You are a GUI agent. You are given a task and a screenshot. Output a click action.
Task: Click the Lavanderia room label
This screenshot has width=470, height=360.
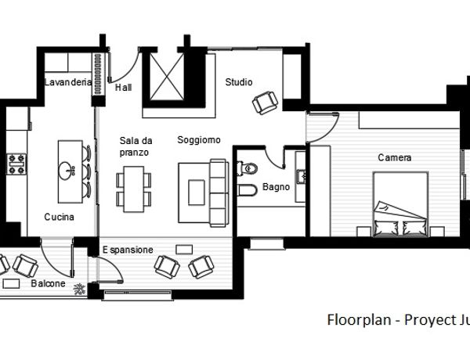point(68,82)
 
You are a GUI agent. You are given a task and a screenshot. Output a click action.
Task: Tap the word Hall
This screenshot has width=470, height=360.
point(124,88)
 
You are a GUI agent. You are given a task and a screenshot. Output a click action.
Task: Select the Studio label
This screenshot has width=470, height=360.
point(239,82)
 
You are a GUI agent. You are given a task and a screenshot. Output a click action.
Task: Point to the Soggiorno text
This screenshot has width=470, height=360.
point(199,140)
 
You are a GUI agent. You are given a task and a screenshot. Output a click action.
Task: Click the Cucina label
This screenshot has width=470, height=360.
point(59,217)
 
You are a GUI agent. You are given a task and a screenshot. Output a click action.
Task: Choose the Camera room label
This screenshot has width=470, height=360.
point(395,157)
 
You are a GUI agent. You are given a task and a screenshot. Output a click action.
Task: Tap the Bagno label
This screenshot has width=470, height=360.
point(276,187)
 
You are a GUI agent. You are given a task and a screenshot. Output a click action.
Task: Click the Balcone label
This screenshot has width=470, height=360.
point(48,283)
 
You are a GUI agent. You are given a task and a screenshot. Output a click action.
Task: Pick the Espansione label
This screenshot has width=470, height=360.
point(128,250)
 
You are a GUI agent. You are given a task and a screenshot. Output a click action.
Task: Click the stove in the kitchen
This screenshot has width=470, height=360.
point(16,164)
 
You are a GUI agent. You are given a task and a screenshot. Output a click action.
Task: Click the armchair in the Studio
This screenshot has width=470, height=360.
point(265,103)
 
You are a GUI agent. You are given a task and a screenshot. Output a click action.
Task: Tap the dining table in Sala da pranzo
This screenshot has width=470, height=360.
point(134,189)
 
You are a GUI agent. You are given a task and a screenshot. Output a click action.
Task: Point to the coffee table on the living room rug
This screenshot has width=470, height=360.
point(197,193)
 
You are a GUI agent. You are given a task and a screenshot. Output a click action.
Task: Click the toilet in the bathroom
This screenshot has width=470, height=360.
point(248,168)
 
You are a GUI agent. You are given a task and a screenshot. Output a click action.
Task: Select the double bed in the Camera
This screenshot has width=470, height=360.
point(400,204)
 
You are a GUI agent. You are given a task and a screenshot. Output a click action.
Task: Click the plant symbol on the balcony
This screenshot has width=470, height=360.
point(79,290)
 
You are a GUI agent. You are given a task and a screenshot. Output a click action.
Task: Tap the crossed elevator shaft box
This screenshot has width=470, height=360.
point(167,76)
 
